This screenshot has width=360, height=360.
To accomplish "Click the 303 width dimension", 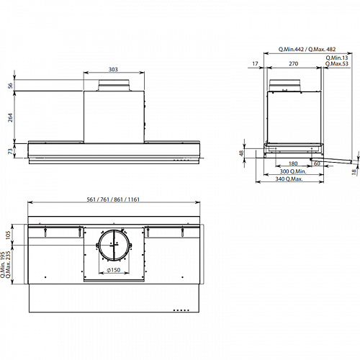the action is (113, 69).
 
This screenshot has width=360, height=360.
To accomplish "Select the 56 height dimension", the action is (10, 86).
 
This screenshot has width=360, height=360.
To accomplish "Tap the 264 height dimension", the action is (10, 117).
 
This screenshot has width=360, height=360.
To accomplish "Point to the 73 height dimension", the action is (10, 151).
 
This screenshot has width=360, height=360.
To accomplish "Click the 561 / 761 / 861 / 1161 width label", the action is (113, 199).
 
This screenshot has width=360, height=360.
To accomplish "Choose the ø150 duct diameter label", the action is (114, 270).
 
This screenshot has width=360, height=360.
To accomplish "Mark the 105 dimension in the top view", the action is (8, 235).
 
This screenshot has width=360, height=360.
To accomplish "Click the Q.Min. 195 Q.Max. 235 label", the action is (6, 265).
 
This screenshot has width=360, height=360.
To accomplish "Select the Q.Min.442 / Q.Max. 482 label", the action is (307, 49).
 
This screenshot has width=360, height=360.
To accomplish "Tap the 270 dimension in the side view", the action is (293, 63).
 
